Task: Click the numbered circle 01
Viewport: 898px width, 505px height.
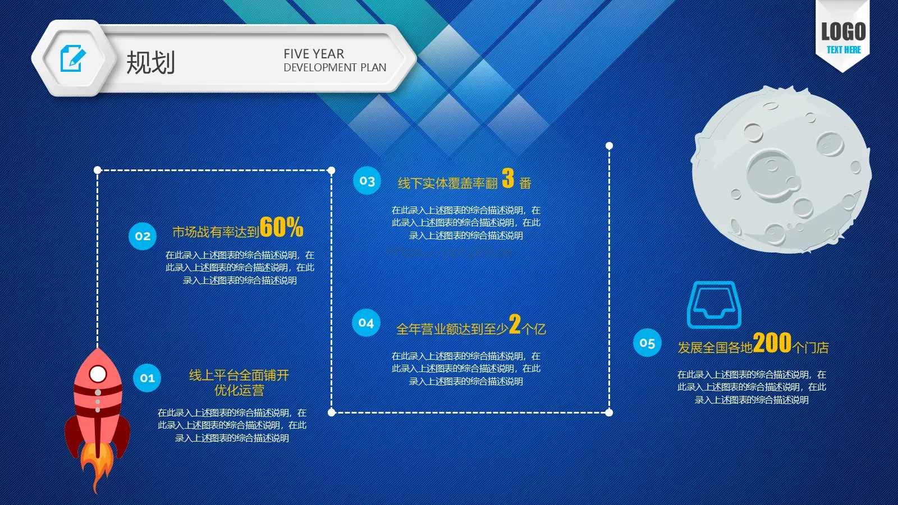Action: pos(147,378)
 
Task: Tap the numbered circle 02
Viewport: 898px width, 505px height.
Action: pos(143,236)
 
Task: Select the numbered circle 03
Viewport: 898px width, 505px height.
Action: pos(367,181)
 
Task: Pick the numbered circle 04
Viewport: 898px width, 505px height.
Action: pos(366,323)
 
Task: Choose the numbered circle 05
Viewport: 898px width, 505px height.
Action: pos(647,343)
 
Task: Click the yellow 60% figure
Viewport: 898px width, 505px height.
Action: pos(281,227)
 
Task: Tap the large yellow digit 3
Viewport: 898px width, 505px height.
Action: pos(508,178)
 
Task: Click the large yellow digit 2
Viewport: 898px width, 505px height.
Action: pos(515,324)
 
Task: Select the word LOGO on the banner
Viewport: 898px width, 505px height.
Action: pos(843,32)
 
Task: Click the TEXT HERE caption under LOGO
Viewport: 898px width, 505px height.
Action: pos(843,50)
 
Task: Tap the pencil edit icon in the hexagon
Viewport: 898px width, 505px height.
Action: pos(73,58)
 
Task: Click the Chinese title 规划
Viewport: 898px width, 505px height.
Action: pos(150,62)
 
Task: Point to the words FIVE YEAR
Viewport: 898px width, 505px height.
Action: pos(314,54)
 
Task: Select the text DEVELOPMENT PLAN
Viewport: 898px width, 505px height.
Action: pos(335,68)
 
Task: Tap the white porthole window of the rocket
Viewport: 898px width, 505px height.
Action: pos(98,374)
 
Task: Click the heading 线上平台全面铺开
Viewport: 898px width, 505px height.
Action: pos(239,375)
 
